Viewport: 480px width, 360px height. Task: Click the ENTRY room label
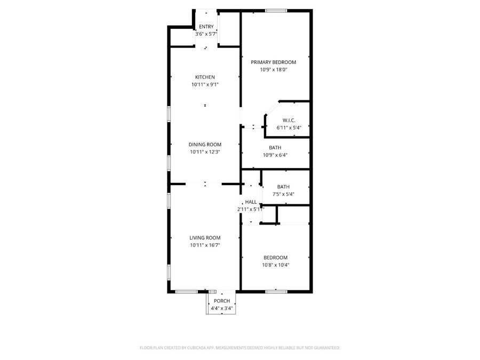pyautogui.click(x=206, y=27)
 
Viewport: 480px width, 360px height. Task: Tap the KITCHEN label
pyautogui.click(x=205, y=77)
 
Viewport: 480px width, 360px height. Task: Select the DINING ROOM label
pyautogui.click(x=205, y=145)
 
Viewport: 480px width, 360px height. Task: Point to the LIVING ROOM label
pyautogui.click(x=205, y=238)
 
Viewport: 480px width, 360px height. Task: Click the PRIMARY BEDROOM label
pyautogui.click(x=274, y=62)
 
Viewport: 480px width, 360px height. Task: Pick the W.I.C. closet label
pyautogui.click(x=289, y=121)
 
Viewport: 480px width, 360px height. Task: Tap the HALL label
pyautogui.click(x=251, y=202)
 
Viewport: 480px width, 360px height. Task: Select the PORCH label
pyautogui.click(x=222, y=301)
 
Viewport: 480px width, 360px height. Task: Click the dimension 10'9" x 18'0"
pyautogui.click(x=274, y=70)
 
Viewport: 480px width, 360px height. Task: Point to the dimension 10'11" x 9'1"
pyautogui.click(x=205, y=84)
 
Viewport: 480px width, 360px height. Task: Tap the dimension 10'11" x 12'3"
pyautogui.click(x=205, y=152)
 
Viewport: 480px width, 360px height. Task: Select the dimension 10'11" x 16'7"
pyautogui.click(x=205, y=245)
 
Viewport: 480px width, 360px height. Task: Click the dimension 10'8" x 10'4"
pyautogui.click(x=276, y=265)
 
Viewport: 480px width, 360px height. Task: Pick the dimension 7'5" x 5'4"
pyautogui.click(x=283, y=194)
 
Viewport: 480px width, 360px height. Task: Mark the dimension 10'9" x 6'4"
pyautogui.click(x=275, y=155)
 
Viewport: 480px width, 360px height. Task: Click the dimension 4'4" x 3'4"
pyautogui.click(x=222, y=308)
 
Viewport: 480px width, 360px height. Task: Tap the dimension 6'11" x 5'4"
pyautogui.click(x=289, y=128)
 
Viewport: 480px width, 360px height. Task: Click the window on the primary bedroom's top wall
pyautogui.click(x=276, y=10)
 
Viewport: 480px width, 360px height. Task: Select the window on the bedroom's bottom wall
pyautogui.click(x=276, y=291)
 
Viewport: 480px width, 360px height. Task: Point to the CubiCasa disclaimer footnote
pyautogui.click(x=239, y=348)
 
